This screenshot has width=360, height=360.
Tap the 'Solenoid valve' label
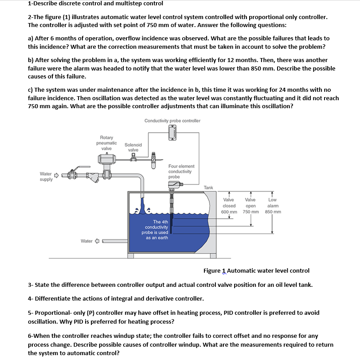coord(133,147)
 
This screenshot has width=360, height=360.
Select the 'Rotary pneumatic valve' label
coord(106,143)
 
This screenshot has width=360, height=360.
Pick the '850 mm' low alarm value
coord(273,211)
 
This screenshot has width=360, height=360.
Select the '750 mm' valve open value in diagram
coord(250,211)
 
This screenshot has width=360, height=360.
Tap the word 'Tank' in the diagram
coord(208,188)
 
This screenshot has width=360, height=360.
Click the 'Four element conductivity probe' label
coord(181,171)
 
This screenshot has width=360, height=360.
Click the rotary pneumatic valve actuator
coord(106,159)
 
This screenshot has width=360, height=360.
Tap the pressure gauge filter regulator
coord(154,156)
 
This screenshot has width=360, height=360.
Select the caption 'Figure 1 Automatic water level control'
coord(256,270)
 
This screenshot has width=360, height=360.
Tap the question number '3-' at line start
coord(30,284)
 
